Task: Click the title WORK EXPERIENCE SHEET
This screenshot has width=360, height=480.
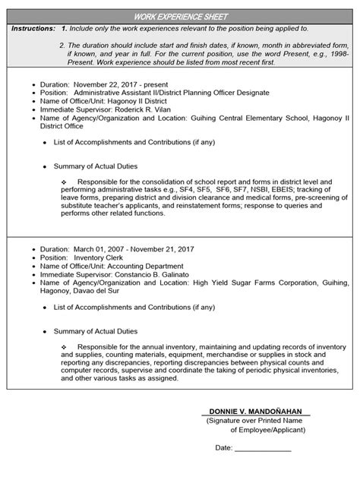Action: coord(180,17)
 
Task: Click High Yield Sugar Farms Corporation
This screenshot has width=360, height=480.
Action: coord(255,283)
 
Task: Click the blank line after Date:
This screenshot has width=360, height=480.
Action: coord(263,447)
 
